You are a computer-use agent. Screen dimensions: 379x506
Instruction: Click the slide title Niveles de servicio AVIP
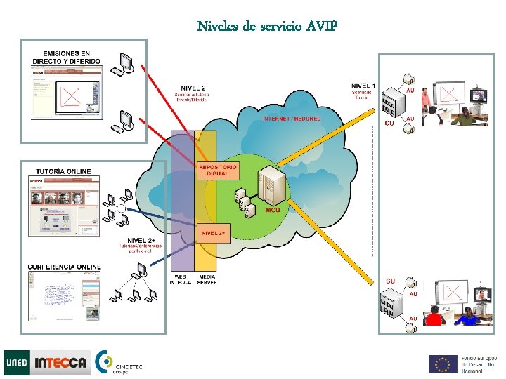tap(267, 27)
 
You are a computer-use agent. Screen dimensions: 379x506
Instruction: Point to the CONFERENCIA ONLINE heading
tap(64, 267)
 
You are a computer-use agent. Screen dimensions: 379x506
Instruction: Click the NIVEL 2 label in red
tap(193, 88)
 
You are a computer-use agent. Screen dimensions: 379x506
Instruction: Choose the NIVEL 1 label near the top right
tap(363, 86)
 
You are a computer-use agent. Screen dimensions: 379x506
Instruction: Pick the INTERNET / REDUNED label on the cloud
tap(292, 119)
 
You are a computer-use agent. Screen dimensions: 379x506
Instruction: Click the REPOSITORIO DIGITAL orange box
tap(218, 170)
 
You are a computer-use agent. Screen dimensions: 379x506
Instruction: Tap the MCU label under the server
tap(272, 210)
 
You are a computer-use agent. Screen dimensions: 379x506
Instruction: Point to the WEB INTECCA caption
tap(181, 280)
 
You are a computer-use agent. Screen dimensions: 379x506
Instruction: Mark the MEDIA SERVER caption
tap(207, 280)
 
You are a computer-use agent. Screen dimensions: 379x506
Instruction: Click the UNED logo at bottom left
tap(17, 363)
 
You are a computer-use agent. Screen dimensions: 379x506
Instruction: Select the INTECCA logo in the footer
tap(62, 363)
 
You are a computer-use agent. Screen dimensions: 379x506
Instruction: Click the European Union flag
tap(443, 364)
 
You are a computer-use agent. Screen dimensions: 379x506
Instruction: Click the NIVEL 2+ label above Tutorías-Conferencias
tap(141, 241)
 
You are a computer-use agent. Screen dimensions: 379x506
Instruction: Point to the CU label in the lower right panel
tap(390, 281)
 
